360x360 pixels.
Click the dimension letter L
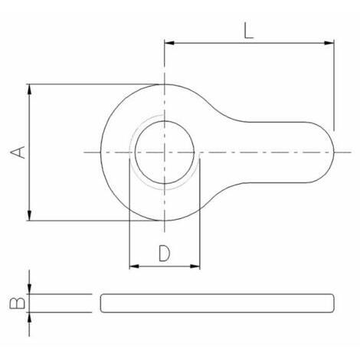(x=249, y=31)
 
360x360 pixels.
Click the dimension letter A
(x=18, y=152)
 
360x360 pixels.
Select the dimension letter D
(x=165, y=254)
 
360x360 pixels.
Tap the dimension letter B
(x=18, y=303)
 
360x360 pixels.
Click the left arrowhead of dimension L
(x=169, y=43)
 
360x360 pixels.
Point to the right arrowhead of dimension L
(x=329, y=43)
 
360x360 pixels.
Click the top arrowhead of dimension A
(x=30, y=89)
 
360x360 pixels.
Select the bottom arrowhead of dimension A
(x=30, y=215)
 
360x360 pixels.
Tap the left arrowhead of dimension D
(x=134, y=267)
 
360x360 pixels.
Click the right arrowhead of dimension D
(x=195, y=267)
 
